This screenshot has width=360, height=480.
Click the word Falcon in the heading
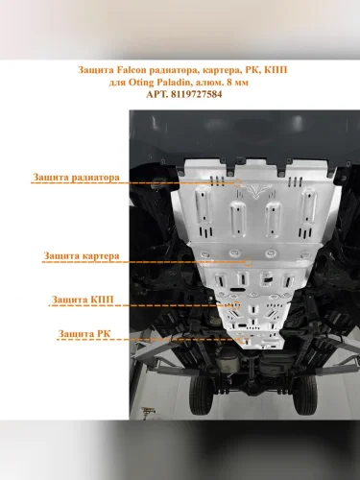131,70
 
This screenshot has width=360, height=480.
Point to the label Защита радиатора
76,177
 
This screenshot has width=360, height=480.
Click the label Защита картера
82,256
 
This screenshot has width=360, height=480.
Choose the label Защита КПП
83,300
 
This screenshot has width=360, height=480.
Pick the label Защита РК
84,334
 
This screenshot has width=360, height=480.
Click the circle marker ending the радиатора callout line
237,182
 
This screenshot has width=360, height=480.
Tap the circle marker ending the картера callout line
249,262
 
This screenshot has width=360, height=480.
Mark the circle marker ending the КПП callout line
236,305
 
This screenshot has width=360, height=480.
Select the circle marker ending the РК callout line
243,340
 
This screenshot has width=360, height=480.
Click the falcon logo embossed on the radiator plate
255,191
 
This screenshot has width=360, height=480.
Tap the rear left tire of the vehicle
200,395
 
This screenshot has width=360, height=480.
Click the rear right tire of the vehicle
304,395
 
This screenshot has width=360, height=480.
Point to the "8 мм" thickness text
237,83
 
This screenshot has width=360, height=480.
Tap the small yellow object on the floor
148,411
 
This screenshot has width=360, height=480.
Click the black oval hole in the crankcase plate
237,290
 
